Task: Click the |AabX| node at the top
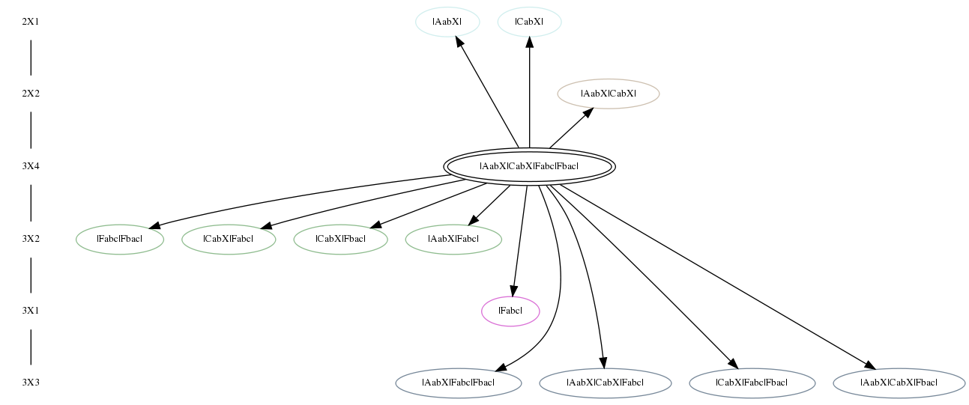[447, 22]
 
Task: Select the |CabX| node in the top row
[530, 22]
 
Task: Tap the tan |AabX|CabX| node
[609, 94]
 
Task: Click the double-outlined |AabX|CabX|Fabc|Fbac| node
[529, 166]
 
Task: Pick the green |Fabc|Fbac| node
[120, 239]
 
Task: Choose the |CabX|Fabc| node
[229, 239]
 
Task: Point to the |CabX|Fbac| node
[340, 239]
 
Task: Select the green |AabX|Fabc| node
[453, 239]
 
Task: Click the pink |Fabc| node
[510, 311]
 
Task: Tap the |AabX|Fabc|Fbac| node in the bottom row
[459, 383]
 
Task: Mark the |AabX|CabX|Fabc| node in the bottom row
[606, 383]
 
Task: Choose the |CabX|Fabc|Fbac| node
[752, 383]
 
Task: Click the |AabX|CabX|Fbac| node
[899, 383]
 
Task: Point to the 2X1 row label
[31, 22]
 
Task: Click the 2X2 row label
[31, 94]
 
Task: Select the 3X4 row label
[31, 166]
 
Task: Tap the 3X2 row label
[31, 239]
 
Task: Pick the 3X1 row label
[31, 311]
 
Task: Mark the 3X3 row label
[31, 383]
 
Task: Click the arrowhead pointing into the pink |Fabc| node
[513, 291]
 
